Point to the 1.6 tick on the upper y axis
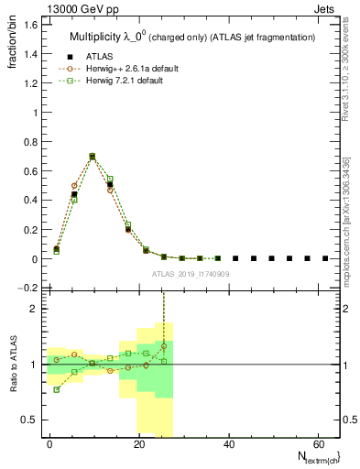point(33,25)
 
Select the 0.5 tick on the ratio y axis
point(33,420)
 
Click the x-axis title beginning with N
point(312,457)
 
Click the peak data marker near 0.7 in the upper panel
point(93,157)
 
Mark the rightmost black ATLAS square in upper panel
point(325,258)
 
